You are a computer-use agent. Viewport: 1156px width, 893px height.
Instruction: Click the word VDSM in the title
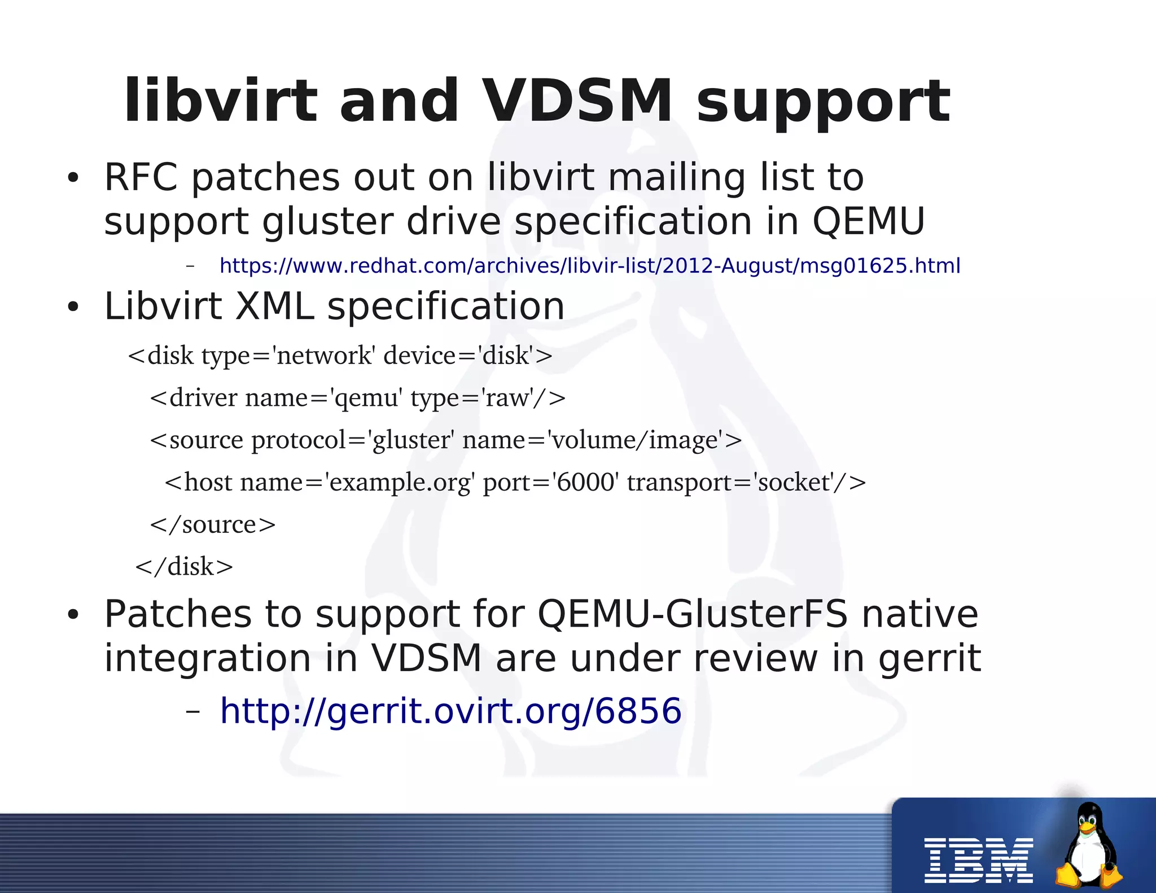[x=579, y=102]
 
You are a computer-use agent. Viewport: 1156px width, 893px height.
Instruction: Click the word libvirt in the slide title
[x=221, y=102]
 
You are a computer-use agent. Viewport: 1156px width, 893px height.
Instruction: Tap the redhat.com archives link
[x=590, y=265]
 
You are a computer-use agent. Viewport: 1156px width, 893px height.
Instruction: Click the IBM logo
[x=978, y=860]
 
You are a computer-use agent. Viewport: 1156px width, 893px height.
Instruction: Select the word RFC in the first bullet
[x=141, y=177]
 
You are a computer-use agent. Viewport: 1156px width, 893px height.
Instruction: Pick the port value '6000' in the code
[x=585, y=483]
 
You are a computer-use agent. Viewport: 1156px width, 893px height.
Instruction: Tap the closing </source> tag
[x=213, y=525]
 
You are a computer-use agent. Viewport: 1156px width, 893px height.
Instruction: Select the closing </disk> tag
[x=184, y=567]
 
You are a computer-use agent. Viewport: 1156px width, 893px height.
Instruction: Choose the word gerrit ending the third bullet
[x=930, y=659]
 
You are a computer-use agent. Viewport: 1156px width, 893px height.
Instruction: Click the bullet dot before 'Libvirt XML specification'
[x=73, y=308]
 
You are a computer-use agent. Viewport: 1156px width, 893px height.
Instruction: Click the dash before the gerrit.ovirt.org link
[x=192, y=711]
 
